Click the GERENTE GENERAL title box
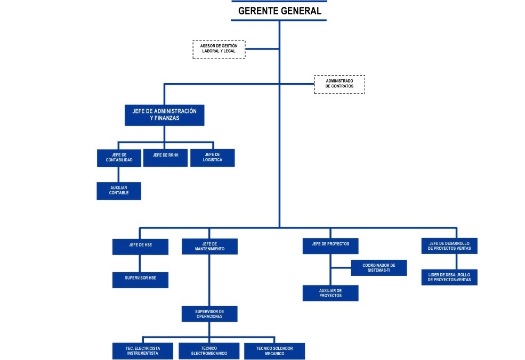pyautogui.click(x=279, y=11)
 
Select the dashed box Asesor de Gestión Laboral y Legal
pyautogui.click(x=219, y=49)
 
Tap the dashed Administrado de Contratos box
pyautogui.click(x=340, y=84)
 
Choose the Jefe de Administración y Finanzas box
pyautogui.click(x=164, y=115)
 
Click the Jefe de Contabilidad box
pyautogui.click(x=119, y=158)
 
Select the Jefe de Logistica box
pyautogui.click(x=212, y=158)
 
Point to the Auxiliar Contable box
pyautogui.click(x=119, y=191)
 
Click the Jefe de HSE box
pyautogui.click(x=140, y=247)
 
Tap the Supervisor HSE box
pyautogui.click(x=140, y=280)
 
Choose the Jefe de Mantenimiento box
pyautogui.click(x=209, y=247)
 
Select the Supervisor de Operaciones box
pyautogui.click(x=209, y=314)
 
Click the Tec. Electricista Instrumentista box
pyautogui.click(x=142, y=351)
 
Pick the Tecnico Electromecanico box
pyautogui.click(x=208, y=351)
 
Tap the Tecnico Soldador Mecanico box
pyautogui.click(x=274, y=351)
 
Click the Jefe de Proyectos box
pyautogui.click(x=330, y=246)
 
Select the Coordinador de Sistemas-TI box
pyautogui.click(x=379, y=268)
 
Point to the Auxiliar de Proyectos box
pyautogui.click(x=330, y=293)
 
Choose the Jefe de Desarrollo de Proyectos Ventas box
pyautogui.click(x=449, y=246)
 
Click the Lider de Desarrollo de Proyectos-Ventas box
pyautogui.click(x=449, y=277)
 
